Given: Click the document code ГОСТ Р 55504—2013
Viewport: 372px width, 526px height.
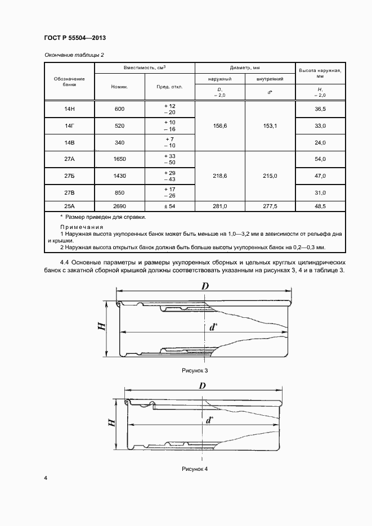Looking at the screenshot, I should click(x=75, y=38).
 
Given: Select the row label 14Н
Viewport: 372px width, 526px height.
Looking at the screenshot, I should click(x=70, y=109).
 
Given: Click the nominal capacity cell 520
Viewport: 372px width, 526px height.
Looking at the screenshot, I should click(x=119, y=125).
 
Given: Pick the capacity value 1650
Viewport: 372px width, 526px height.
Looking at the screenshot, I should click(x=119, y=159).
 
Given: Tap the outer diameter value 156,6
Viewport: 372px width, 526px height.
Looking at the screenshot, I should click(x=219, y=125).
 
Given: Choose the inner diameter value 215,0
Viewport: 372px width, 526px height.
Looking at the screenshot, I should click(x=270, y=176).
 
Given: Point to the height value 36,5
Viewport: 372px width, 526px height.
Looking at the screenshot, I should click(x=321, y=109).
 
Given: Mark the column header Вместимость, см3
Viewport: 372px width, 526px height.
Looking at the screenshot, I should click(x=145, y=68).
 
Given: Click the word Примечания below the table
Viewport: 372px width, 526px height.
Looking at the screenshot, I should click(x=82, y=227).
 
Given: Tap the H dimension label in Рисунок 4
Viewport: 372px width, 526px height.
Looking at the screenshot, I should click(x=112, y=423).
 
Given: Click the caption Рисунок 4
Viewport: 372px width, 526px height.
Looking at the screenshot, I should click(x=195, y=469).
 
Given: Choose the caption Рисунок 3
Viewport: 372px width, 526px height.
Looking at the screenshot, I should click(x=195, y=371).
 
